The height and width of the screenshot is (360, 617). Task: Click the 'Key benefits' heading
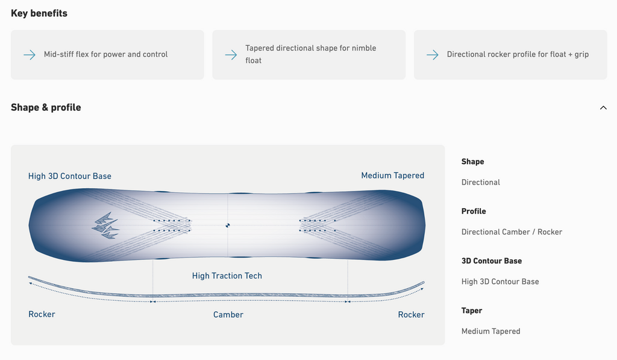pyautogui.click(x=39, y=13)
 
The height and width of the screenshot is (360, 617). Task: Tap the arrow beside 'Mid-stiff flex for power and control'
pyautogui.click(x=30, y=55)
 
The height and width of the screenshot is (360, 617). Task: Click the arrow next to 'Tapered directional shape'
pyautogui.click(x=231, y=55)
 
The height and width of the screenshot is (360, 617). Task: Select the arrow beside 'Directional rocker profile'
pyautogui.click(x=433, y=55)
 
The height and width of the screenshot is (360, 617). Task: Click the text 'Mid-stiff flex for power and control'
pyautogui.click(x=106, y=54)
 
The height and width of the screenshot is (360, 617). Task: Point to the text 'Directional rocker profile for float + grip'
pyautogui.click(x=518, y=54)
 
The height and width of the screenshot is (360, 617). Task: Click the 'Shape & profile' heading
pyautogui.click(x=46, y=107)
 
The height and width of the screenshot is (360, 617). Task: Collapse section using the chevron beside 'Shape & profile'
pyautogui.click(x=603, y=107)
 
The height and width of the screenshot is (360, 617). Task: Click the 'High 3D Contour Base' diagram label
pyautogui.click(x=70, y=176)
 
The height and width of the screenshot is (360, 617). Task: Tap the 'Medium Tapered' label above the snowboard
pyautogui.click(x=393, y=175)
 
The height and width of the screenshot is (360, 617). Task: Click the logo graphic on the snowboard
pyautogui.click(x=105, y=226)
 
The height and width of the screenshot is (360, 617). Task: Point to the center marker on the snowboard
pyautogui.click(x=227, y=226)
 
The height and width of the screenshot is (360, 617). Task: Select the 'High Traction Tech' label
pyautogui.click(x=227, y=276)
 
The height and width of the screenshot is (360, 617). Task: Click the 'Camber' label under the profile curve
pyautogui.click(x=228, y=315)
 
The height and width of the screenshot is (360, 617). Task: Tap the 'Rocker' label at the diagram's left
pyautogui.click(x=42, y=314)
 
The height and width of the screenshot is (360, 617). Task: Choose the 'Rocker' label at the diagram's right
pyautogui.click(x=411, y=315)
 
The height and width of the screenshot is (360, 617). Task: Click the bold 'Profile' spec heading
pyautogui.click(x=474, y=211)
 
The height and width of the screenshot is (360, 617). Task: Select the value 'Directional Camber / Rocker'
pyautogui.click(x=512, y=232)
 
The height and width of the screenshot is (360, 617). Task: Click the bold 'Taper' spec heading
pyautogui.click(x=472, y=311)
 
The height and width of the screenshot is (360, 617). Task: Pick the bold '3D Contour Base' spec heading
pyautogui.click(x=492, y=261)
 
